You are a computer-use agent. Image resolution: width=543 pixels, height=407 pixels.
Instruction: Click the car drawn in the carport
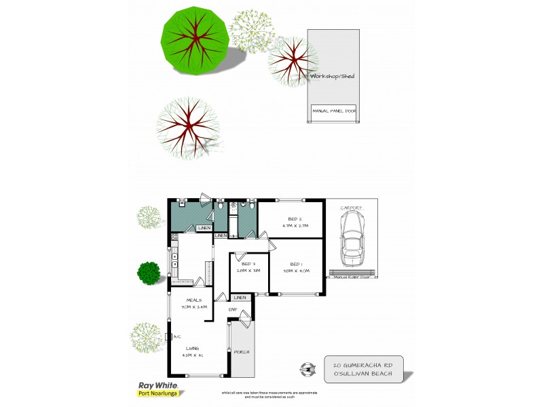pos(352,238)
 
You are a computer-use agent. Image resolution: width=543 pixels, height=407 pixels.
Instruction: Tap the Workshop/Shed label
pos(332,77)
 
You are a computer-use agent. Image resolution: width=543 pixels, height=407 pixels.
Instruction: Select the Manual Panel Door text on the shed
pos(334,111)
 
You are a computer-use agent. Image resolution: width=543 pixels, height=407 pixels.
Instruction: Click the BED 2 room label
pos(294,219)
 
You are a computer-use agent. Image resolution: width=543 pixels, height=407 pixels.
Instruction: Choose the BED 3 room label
pos(248,263)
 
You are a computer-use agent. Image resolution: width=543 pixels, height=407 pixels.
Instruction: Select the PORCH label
pos(242,352)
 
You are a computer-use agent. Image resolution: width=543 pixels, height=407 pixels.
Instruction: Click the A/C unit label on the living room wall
pos(176,336)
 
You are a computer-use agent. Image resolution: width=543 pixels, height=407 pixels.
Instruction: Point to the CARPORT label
pos(352,208)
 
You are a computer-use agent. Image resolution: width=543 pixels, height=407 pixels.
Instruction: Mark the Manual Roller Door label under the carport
pos(352,277)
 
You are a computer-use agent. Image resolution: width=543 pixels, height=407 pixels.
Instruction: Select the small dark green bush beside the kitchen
pos(148,272)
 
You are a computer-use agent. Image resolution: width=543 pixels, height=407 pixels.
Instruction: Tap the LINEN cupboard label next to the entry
pos(239,298)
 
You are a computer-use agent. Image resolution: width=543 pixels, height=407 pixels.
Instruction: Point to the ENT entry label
pos(232,310)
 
